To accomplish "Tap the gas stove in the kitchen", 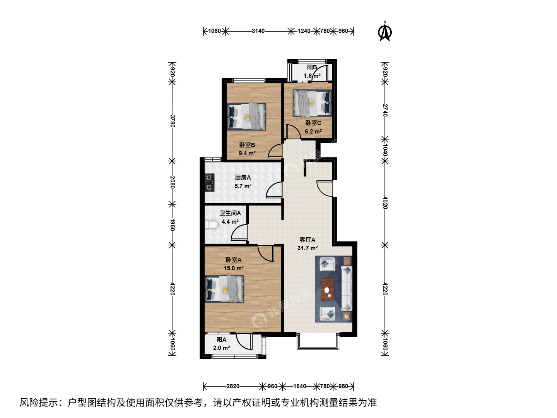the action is click(210, 182).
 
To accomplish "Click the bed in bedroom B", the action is click(246, 116).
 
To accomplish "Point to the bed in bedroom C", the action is click(313, 103).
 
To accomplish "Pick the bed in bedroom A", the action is click(224, 289).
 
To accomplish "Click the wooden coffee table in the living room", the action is click(327, 290).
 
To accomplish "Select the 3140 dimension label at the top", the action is click(258, 31).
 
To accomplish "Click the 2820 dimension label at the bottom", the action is click(233, 386).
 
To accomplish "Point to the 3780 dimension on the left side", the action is click(173, 121).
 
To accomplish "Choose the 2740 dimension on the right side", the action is click(385, 110).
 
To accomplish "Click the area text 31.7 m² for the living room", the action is click(308, 248).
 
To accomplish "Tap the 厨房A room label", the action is click(243, 178).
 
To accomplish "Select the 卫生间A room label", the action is click(230, 213).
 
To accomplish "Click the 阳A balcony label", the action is click(222, 339).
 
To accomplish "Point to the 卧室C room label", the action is click(313, 123).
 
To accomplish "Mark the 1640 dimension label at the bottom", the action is click(300, 386).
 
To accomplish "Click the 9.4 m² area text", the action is click(247, 153).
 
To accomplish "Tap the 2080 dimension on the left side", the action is click(173, 182).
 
